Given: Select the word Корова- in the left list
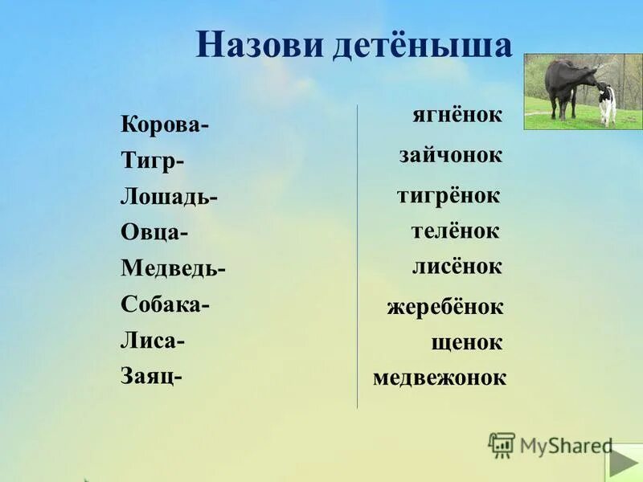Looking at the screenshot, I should (x=166, y=126).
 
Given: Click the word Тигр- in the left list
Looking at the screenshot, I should (x=153, y=161).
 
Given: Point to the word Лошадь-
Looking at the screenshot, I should (x=170, y=197).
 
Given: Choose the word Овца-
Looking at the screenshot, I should (x=155, y=232).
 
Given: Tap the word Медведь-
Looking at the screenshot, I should (x=174, y=268).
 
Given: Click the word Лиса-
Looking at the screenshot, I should (x=153, y=340).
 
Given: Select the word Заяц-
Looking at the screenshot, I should (x=152, y=375).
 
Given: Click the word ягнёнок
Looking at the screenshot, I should (x=457, y=116).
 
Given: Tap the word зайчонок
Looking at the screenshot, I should (x=451, y=156).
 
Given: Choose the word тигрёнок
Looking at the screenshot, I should (x=448, y=195).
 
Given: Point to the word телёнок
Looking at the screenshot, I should (x=456, y=231).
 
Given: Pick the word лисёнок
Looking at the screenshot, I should (x=457, y=267).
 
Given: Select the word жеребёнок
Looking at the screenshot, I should (x=444, y=307).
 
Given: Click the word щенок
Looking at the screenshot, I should (x=467, y=343).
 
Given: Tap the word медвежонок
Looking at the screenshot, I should (x=440, y=378).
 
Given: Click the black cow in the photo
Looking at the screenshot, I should (x=566, y=82).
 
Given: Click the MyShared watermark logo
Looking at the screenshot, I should (x=551, y=445).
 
